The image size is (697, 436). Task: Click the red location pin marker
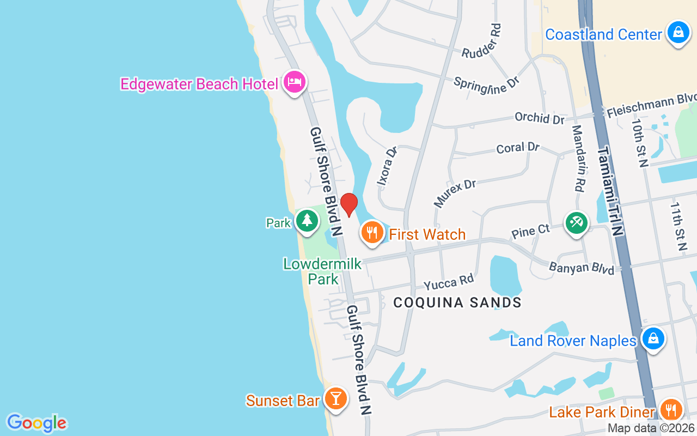click(348, 204)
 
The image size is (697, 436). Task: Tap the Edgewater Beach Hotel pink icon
click(295, 82)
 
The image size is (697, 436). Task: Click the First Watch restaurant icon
click(372, 233)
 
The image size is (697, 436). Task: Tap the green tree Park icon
click(307, 221)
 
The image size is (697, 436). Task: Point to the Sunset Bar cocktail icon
click(335, 398)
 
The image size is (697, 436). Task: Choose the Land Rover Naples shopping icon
click(653, 339)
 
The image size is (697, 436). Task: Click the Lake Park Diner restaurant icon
click(671, 409)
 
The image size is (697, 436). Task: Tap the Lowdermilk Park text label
click(322, 271)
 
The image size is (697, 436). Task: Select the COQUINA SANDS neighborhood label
click(457, 302)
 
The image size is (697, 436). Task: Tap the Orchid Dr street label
click(540, 118)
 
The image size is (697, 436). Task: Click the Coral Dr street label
click(518, 148)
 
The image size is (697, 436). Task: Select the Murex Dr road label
click(455, 193)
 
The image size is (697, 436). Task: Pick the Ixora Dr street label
click(388, 166)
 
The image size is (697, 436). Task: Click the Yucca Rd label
click(449, 282)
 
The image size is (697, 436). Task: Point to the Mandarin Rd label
click(578, 158)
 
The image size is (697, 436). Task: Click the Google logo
click(36, 423)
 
